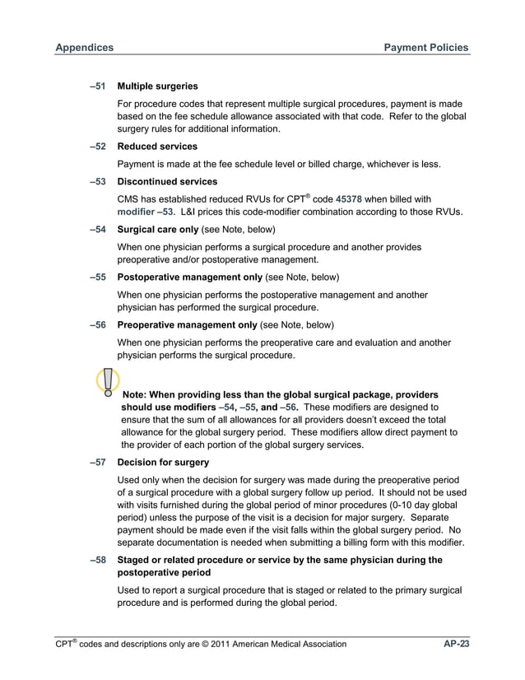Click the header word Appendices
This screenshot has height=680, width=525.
(x=84, y=48)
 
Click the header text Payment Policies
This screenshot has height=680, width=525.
(x=426, y=48)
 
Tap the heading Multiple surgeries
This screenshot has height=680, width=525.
(x=157, y=86)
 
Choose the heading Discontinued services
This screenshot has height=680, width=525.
(x=167, y=181)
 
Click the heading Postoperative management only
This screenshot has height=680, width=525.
(x=193, y=276)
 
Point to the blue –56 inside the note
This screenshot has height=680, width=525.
(x=288, y=408)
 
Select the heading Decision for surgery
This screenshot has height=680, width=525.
(x=163, y=462)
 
